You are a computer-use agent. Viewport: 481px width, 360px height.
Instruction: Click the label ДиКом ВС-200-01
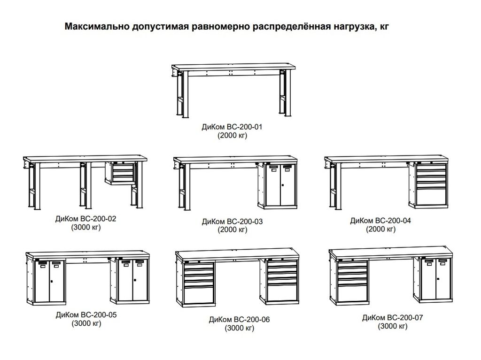(x=232, y=127)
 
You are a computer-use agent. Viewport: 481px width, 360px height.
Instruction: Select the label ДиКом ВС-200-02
(x=86, y=219)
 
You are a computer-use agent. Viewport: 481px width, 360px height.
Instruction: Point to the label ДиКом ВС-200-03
(x=232, y=222)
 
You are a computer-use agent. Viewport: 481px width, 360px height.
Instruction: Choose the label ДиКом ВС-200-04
(x=380, y=221)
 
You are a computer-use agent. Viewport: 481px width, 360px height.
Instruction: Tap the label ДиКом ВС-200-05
(x=86, y=314)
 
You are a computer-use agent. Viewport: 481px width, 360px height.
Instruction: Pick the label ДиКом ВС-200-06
(x=239, y=320)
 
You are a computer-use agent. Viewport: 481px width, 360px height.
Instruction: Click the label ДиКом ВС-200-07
(x=392, y=317)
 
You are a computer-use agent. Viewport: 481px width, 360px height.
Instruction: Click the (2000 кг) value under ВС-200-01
(x=232, y=135)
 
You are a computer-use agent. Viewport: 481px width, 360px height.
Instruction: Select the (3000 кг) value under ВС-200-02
(x=86, y=227)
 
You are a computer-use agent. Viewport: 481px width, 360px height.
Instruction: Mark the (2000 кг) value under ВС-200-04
(x=380, y=229)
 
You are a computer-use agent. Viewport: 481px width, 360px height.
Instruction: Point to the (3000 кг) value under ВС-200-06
(x=240, y=328)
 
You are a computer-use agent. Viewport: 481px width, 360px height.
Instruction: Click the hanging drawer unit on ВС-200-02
(x=120, y=173)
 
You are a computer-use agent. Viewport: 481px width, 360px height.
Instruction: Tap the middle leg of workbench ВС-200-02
(x=85, y=185)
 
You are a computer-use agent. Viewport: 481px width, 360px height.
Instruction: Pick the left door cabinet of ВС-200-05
(x=47, y=281)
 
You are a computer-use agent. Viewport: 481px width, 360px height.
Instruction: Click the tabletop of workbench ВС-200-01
(x=233, y=67)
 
